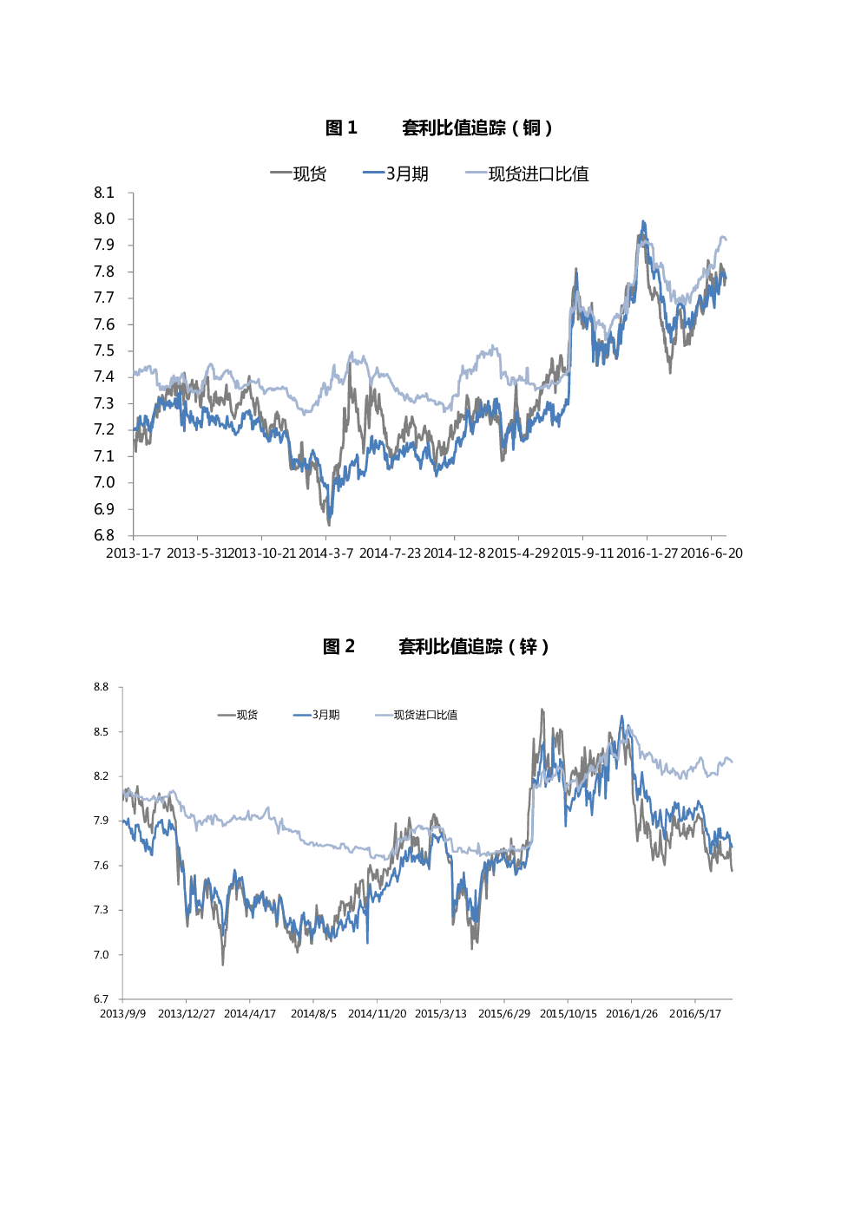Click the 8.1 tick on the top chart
(x=104, y=193)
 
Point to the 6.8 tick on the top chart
(x=104, y=535)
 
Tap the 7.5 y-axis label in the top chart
(x=104, y=350)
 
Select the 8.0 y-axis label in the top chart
(x=104, y=219)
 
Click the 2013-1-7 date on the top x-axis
(x=133, y=553)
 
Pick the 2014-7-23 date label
(x=390, y=553)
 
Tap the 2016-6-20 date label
(x=712, y=553)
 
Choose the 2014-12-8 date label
(x=454, y=553)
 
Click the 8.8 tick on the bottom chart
(x=102, y=687)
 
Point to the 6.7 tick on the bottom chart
(x=102, y=999)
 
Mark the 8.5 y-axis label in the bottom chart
(x=102, y=732)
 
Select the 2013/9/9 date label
(x=123, y=1014)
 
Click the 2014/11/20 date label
(x=377, y=1014)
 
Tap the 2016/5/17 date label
(x=695, y=1014)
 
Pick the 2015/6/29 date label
(x=504, y=1014)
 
